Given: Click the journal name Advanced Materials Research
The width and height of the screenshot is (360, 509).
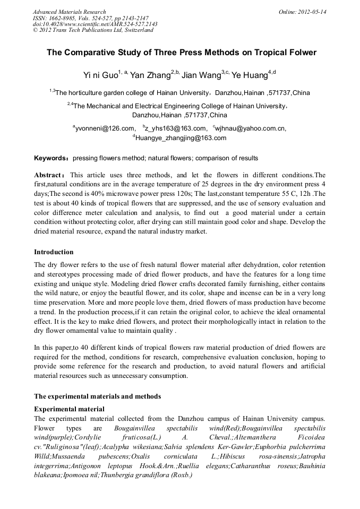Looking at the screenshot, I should (x=69, y=12).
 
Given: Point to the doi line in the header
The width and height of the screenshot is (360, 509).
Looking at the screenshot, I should (x=95, y=24).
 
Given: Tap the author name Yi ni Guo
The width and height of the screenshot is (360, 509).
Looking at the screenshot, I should (x=100, y=74).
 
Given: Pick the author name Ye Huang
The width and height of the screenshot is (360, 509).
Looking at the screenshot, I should (x=250, y=74).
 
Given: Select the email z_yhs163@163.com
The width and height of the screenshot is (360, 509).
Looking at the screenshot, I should (x=175, y=128).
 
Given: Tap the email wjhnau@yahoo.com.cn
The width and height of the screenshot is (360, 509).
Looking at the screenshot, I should (x=250, y=128).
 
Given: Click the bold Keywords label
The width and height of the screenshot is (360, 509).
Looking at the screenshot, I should (x=52, y=158).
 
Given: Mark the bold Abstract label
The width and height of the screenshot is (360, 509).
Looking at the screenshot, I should (x=49, y=175).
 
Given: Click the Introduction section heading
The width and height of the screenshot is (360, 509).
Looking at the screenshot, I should (x=54, y=252).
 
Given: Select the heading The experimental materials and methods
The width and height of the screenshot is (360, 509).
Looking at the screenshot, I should (x=97, y=396).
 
